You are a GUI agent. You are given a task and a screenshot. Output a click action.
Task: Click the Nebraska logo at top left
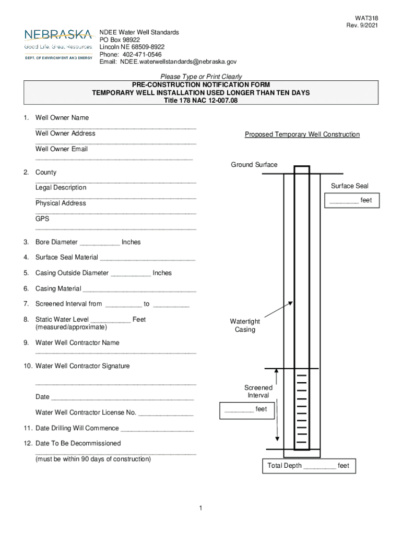coord(58,44)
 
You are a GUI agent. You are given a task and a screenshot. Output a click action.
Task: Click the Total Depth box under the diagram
coord(308,466)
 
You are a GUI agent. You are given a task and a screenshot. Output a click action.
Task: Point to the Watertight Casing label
coord(245,325)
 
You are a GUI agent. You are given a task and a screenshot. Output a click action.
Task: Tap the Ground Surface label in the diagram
coord(254,165)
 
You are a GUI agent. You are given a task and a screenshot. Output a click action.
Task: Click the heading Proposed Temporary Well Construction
coord(302,135)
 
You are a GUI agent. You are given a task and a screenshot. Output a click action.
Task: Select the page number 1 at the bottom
coord(200,508)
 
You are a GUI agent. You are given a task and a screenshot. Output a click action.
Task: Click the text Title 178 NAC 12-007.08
coord(201,101)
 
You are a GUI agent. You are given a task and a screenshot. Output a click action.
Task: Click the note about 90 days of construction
coord(93,459)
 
